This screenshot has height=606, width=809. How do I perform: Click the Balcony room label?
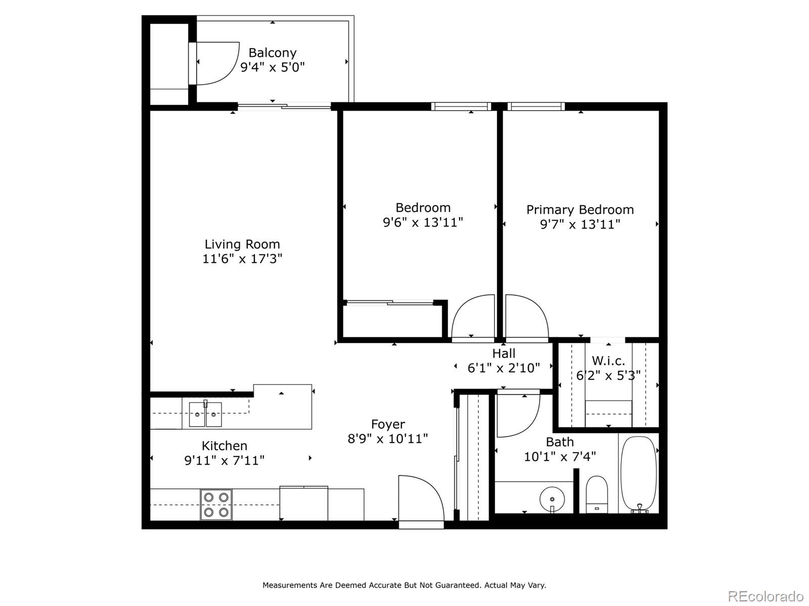[x=272, y=53]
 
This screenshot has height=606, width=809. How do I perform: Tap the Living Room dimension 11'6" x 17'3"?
[x=242, y=259]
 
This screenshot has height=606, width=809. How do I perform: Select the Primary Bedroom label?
[x=579, y=210]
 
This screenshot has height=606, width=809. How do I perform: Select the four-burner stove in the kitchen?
[x=216, y=504]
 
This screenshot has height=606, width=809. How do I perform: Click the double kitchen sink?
[x=205, y=415]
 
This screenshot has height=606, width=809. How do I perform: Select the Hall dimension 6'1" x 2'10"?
[x=504, y=368]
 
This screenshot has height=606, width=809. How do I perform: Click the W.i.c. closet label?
[x=608, y=361]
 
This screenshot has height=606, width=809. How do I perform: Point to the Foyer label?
[x=388, y=424]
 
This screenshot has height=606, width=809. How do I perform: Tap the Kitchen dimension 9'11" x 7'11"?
[x=224, y=461]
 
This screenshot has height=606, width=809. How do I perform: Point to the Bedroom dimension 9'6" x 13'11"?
[x=423, y=222]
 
